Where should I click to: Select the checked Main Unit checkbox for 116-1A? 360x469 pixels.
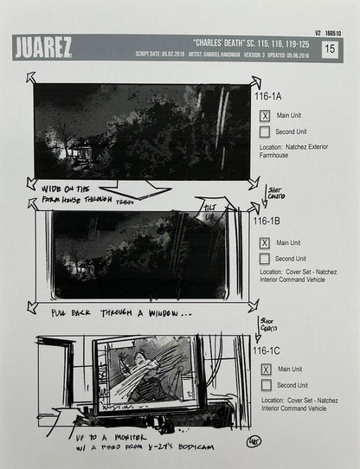266,115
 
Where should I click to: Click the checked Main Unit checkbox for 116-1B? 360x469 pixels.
266,242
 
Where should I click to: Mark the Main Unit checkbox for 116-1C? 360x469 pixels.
266,369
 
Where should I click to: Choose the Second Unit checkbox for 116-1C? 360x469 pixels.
266,385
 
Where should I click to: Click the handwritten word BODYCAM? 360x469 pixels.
196,444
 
